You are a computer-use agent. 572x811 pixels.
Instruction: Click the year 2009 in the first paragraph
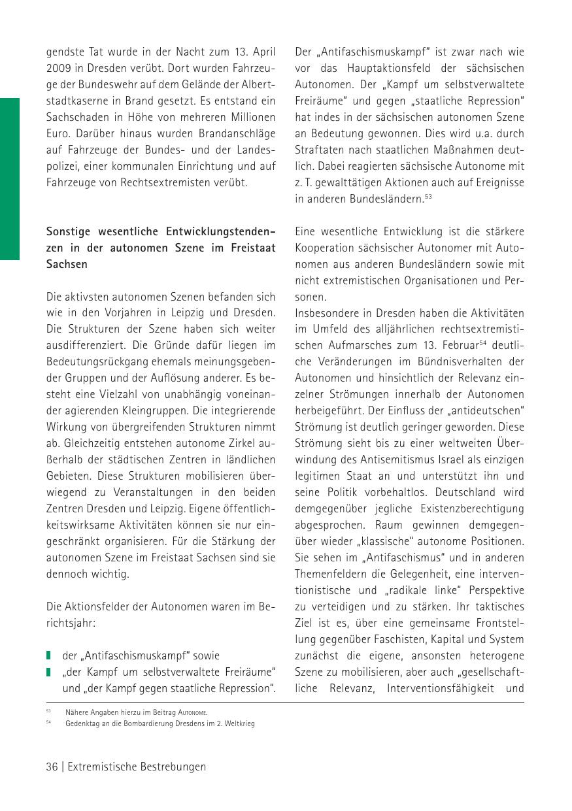tap(59, 68)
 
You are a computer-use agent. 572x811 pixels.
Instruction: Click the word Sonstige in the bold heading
tap(68, 231)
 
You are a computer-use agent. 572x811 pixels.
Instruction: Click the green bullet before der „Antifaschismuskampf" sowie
tap(49, 655)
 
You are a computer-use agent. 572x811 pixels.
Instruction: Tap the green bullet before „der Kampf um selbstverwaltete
tap(49, 672)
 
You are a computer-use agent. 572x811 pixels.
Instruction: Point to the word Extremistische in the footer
tap(102, 767)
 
